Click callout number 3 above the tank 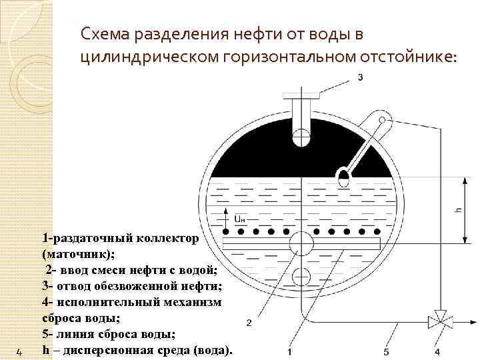[361, 78]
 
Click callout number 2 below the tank [249, 323]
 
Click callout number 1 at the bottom [289, 351]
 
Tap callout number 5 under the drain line [387, 351]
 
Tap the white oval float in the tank [344, 177]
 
